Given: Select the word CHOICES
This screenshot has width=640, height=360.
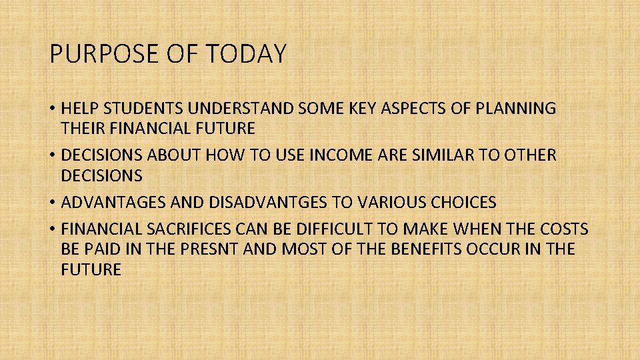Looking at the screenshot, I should point(460,201).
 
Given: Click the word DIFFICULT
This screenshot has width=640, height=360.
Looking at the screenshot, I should point(349,229).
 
